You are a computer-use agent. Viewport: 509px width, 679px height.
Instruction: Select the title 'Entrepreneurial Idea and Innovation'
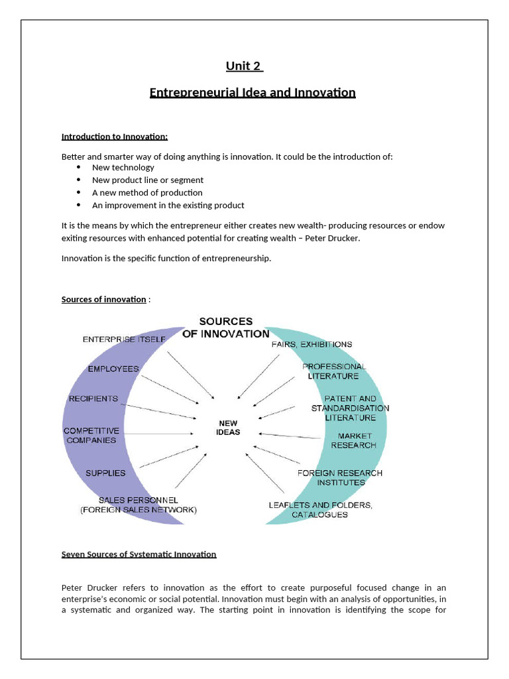253,92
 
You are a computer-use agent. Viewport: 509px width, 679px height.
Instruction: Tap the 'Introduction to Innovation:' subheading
115,137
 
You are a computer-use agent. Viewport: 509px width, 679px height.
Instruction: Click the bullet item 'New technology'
123,168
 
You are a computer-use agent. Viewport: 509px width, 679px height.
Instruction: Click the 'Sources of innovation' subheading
103,299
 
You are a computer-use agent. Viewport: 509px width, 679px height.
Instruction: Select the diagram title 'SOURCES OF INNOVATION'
225,328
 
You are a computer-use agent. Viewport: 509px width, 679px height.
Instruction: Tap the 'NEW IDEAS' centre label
228,427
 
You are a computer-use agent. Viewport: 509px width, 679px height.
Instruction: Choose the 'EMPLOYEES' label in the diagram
113,369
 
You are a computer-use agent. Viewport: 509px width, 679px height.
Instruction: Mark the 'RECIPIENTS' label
93,399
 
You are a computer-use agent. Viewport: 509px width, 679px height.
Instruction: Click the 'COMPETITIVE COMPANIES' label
91,435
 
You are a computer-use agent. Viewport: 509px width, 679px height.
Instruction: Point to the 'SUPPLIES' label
105,473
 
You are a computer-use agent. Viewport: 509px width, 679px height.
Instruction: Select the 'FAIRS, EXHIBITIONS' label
311,344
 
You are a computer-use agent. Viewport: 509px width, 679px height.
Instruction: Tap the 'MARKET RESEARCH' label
353,440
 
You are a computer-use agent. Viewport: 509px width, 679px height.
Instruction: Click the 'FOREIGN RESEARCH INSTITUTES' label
339,477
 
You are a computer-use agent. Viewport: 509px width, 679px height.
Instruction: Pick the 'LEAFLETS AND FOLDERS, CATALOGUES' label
320,509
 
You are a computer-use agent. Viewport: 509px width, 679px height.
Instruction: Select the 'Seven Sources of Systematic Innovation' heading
139,554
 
